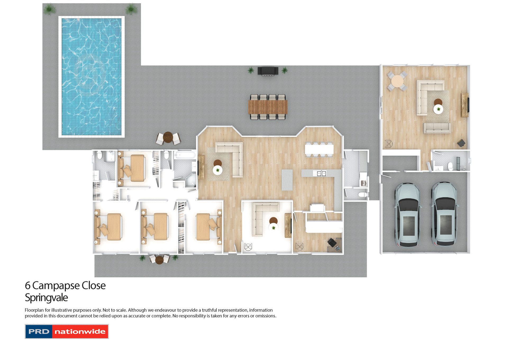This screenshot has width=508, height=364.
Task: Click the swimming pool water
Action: click(x=92, y=77)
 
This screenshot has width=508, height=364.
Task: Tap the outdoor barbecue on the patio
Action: click(x=268, y=71)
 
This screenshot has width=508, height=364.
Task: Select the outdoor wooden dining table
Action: click(x=268, y=107)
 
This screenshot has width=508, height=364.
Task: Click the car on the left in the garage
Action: click(x=408, y=215)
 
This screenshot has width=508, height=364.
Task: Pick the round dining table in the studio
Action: click(x=397, y=81)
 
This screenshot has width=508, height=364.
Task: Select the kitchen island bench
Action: click(x=287, y=180)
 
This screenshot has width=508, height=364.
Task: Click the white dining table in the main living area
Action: click(x=319, y=149)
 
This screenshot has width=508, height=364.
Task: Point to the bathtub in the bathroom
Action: click(x=185, y=154)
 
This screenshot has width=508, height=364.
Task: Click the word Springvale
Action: click(x=46, y=298)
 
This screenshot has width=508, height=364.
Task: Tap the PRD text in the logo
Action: click(x=39, y=332)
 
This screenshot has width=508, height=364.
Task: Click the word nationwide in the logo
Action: click(x=80, y=332)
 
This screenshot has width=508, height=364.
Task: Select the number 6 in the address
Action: click(x=28, y=286)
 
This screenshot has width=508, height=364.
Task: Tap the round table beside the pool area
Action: click(x=168, y=137)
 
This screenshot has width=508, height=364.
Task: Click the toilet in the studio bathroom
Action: click(x=450, y=166)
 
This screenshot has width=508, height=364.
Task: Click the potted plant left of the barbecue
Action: click(x=251, y=70)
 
